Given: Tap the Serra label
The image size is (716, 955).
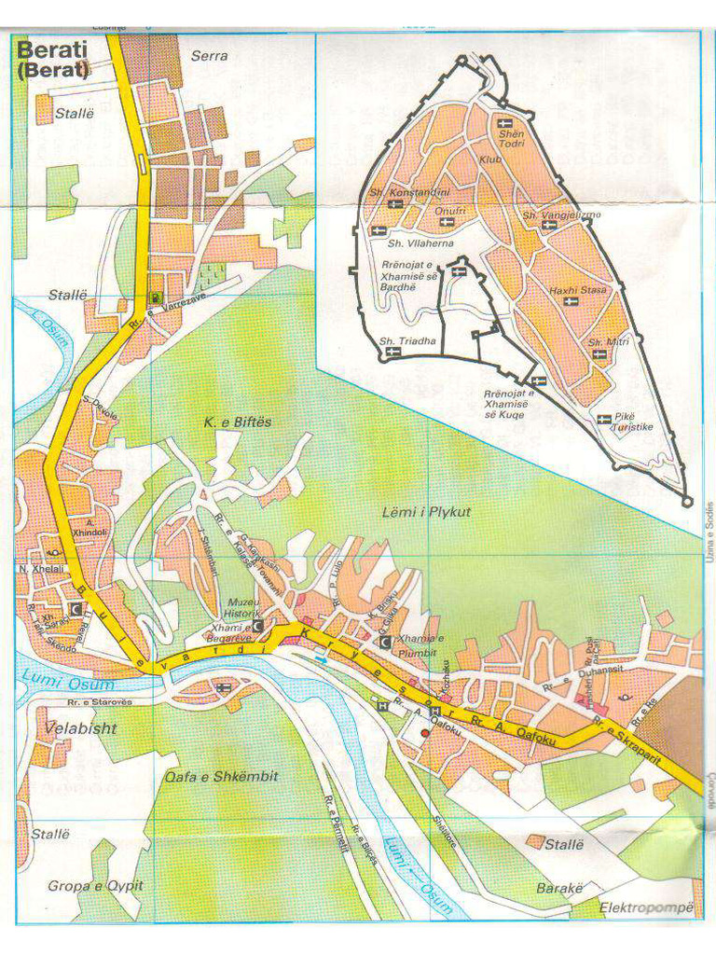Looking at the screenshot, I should [209, 56].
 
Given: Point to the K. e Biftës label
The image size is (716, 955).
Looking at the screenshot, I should [238, 422].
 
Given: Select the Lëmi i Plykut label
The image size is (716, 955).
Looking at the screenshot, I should [426, 512].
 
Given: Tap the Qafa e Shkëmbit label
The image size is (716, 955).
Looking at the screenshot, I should [221, 776].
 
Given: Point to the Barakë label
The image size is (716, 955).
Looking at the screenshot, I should [559, 889].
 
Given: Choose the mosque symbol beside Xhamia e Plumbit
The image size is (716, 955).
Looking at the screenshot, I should [384, 642].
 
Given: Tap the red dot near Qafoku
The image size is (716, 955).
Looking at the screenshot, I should [425, 734].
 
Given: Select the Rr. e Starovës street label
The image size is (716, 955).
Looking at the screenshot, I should [90, 702].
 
